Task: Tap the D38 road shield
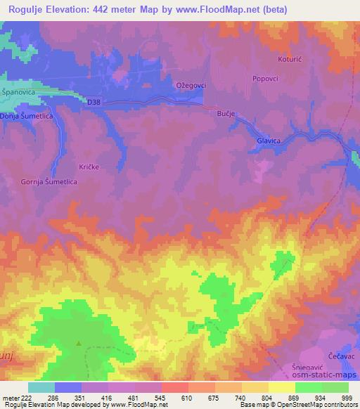click(94, 103)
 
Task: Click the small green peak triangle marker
click(79, 344)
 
